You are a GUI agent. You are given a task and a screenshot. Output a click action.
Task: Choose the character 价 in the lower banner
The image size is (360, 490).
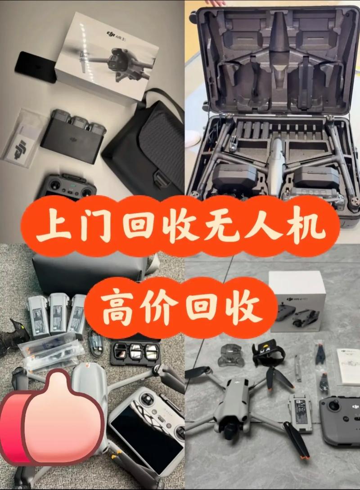point(160,307)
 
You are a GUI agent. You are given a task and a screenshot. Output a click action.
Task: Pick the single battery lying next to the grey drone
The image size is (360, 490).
point(300,412)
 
